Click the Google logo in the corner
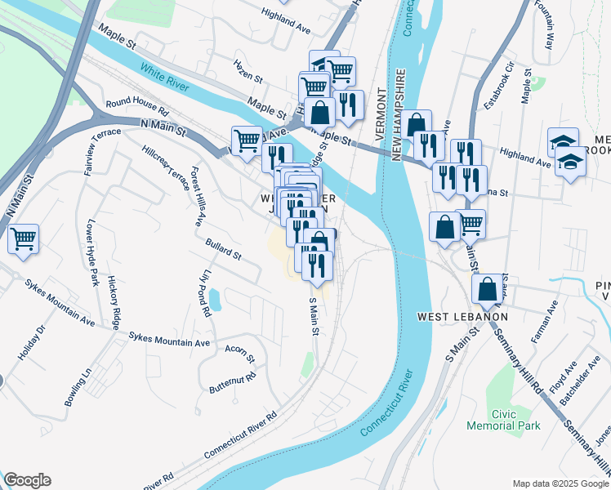(27, 480)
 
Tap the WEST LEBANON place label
(462, 316)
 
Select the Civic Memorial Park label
(503, 420)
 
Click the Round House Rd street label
(136, 106)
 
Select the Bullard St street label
(223, 251)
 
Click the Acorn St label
(240, 353)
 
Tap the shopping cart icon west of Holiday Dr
(24, 239)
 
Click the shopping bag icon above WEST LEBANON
(487, 288)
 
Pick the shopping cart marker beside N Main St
(247, 140)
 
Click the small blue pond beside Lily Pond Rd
(213, 299)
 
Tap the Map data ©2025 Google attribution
(560, 483)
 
